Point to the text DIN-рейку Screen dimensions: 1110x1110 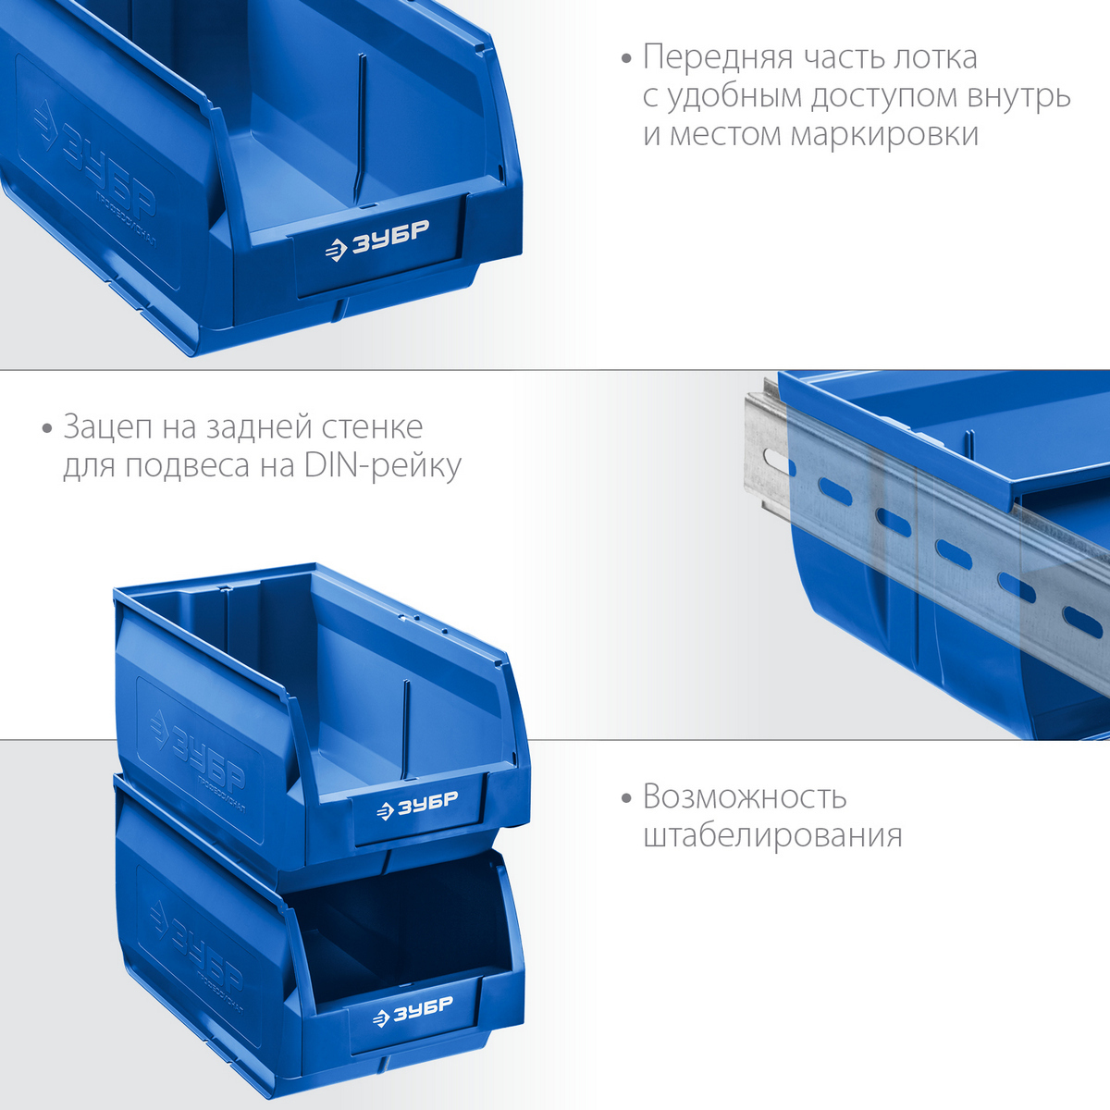[x=382, y=466]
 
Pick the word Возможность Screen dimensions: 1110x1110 [x=745, y=797]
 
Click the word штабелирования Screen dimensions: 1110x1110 [x=772, y=835]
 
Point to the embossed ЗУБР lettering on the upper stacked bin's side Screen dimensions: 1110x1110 [x=196, y=753]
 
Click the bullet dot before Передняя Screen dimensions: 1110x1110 [x=627, y=59]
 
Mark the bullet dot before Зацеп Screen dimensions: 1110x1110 [x=47, y=429]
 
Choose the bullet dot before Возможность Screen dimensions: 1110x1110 [x=627, y=799]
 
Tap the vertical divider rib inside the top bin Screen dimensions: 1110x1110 [x=361, y=129]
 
